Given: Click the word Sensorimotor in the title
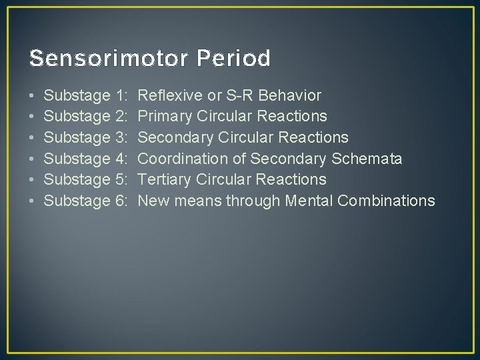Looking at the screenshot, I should [x=110, y=59].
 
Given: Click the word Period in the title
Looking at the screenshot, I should [x=234, y=59].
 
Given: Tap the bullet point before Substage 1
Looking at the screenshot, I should [x=33, y=95].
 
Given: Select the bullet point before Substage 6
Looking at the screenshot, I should [x=33, y=201].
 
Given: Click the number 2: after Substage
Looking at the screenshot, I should [x=121, y=117].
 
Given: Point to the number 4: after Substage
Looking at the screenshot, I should [x=121, y=159].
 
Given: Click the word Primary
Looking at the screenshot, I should [x=165, y=117].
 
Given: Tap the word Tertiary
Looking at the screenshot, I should [x=164, y=179].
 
